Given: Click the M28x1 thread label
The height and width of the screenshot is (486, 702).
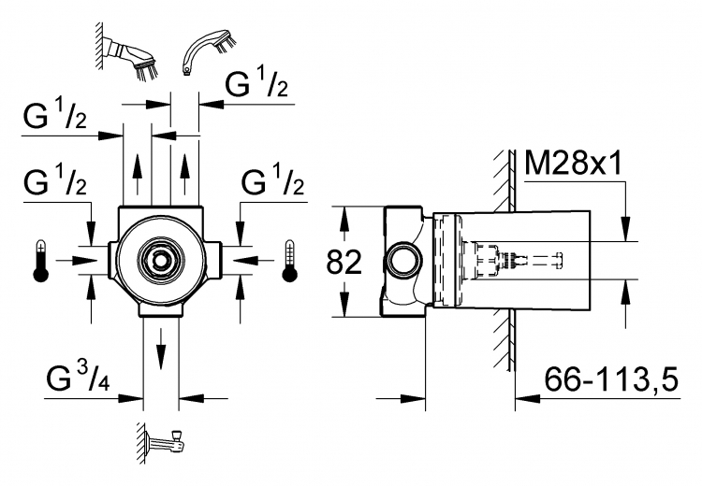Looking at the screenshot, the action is tap(574, 163).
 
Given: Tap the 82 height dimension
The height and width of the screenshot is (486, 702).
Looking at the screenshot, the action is tap(344, 262).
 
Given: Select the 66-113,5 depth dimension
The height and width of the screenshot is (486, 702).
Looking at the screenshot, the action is tap(611, 379).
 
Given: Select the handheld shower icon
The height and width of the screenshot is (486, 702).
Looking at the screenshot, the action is tap(209, 51).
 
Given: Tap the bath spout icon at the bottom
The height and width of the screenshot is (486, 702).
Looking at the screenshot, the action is tap(163, 443).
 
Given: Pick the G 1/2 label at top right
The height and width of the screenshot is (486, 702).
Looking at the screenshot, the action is tap(256, 83).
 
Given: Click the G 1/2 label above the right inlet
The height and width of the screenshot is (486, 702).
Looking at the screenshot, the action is tap(272, 181).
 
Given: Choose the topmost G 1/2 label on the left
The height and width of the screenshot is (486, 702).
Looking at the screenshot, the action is tap(54, 115).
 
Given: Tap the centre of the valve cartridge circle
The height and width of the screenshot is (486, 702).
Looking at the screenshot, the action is tap(160, 259).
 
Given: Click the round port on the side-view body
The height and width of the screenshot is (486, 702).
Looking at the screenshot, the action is tap(403, 261).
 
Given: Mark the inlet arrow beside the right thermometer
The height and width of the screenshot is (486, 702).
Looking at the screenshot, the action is tap(253, 260).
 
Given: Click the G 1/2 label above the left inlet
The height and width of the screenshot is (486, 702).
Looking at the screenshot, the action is tap(55, 181).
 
